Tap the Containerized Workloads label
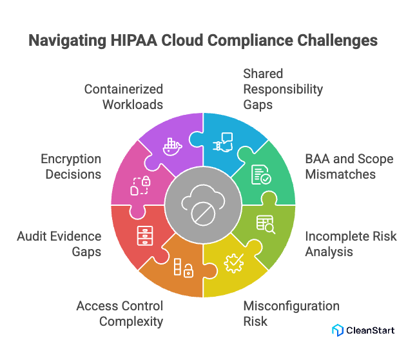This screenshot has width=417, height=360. (x=123, y=96)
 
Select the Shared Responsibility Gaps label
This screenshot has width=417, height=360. (x=282, y=89)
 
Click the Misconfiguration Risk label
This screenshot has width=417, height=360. (x=291, y=313)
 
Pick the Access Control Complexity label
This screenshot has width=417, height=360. (x=119, y=313)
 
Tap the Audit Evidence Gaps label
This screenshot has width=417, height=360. (x=59, y=244)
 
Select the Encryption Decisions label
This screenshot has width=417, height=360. (x=71, y=166)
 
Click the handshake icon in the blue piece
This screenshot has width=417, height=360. (x=224, y=141)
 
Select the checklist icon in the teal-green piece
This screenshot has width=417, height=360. (x=261, y=175)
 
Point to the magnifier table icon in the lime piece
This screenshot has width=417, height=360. (x=265, y=223)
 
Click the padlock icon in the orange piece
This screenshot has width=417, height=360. (x=183, y=268)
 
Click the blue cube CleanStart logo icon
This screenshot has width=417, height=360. (x=337, y=330)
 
